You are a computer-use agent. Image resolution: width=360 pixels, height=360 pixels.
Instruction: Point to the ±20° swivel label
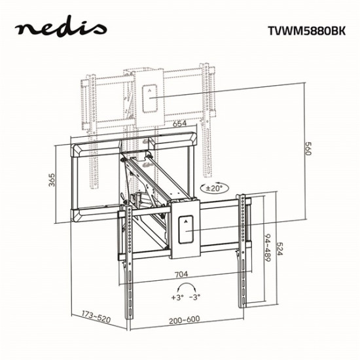point(213,187)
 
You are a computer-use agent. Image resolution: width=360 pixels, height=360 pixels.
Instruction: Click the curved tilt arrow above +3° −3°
point(186,287)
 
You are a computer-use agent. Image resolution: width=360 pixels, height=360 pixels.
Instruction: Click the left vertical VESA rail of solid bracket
point(128,255)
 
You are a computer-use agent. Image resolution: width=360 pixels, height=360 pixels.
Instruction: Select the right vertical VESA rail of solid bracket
point(245,249)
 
